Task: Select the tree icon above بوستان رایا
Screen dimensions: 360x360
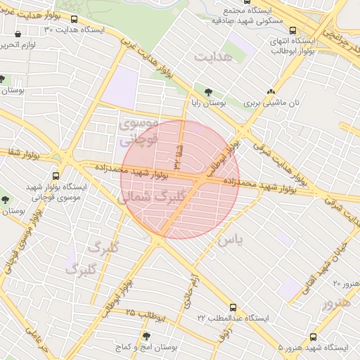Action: (x=209, y=91)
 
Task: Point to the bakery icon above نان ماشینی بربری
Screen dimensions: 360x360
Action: (x=271, y=91)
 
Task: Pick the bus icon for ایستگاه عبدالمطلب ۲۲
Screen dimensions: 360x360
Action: (x=233, y=316)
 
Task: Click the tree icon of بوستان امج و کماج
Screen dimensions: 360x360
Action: (x=146, y=336)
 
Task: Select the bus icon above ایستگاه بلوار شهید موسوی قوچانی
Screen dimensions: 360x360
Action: (x=56, y=176)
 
